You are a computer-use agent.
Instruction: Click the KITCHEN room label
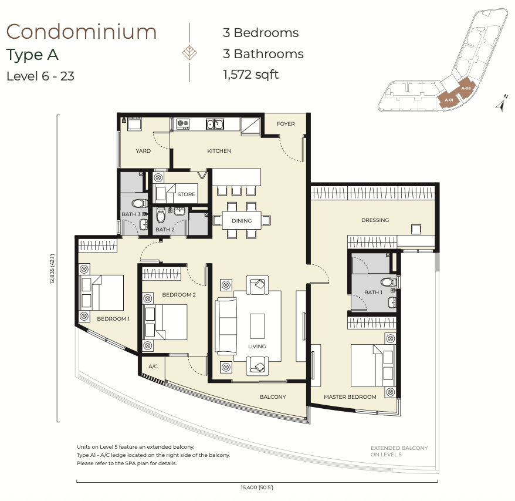[x=219, y=151]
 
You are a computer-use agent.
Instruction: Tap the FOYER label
[x=286, y=124]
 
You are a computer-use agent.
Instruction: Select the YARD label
[x=143, y=151]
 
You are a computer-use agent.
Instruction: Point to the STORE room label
[x=186, y=194]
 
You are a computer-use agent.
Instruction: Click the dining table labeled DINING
[x=242, y=220]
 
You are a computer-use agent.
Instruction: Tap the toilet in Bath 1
[x=389, y=282]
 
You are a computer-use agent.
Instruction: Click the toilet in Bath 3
[x=140, y=203]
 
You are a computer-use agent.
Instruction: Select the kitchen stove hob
[x=183, y=124]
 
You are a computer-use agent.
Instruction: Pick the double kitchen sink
[x=215, y=124]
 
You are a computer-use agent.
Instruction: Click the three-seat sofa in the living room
[x=226, y=326]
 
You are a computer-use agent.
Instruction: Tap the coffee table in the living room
[x=257, y=326]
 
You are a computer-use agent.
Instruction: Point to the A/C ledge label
[x=153, y=366]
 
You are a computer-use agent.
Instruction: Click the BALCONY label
[x=273, y=396]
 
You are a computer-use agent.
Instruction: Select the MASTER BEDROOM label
[x=350, y=396]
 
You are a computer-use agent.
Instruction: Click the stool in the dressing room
[x=416, y=229]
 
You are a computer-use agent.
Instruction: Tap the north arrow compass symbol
[x=501, y=103]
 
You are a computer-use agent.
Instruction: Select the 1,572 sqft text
[x=250, y=75]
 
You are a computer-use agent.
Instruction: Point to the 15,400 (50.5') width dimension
[x=257, y=487]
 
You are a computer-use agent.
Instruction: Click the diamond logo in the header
[x=189, y=53]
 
